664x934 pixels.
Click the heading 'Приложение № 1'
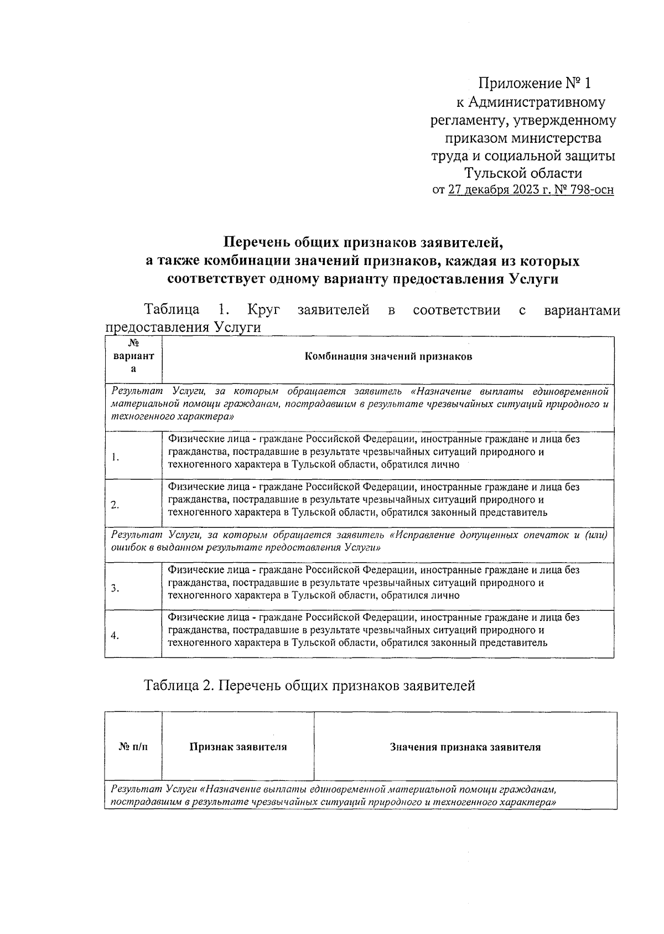click(535, 84)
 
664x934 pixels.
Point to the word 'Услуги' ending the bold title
click(532, 279)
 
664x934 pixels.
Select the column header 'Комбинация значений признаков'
click(388, 356)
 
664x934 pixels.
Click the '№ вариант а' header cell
click(133, 356)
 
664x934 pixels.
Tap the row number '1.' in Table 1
click(115, 457)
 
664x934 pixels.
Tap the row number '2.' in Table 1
click(115, 505)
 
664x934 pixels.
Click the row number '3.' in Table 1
click(115, 588)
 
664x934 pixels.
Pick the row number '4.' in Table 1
click(115, 636)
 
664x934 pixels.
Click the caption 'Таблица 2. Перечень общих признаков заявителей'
click(309, 686)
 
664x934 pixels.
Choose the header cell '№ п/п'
click(133, 748)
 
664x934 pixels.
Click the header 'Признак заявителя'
click(238, 748)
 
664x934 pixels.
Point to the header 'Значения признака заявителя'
click(465, 748)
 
